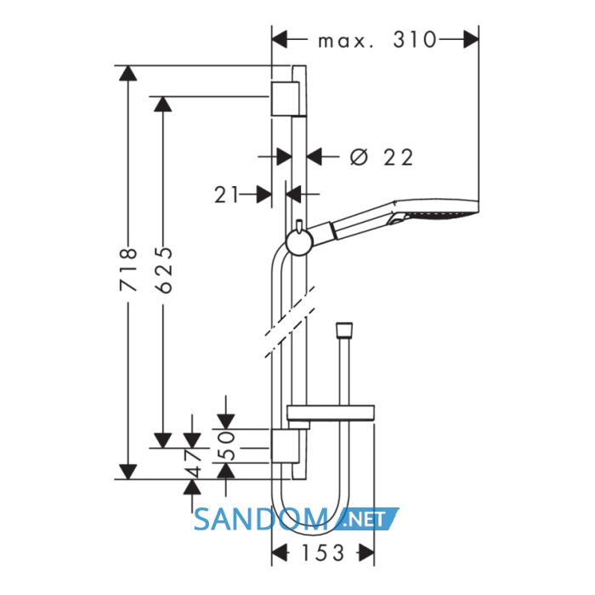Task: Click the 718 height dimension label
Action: (x=127, y=269)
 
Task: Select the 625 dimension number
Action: (x=164, y=269)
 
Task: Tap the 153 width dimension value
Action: (x=323, y=552)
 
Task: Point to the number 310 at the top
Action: (x=415, y=39)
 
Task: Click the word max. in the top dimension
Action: (x=345, y=42)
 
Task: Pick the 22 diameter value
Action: (x=398, y=157)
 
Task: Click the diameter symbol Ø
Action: (x=359, y=157)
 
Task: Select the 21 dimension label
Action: (x=227, y=195)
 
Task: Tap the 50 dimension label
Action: (x=227, y=445)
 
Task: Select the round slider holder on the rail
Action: (x=299, y=243)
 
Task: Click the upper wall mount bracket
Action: (x=285, y=99)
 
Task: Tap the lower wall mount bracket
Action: (x=285, y=446)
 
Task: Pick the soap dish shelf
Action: (x=331, y=413)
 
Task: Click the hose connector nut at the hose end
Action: (x=344, y=330)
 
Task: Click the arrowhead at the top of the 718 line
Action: (x=127, y=73)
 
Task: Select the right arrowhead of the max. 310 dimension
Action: (x=471, y=39)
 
